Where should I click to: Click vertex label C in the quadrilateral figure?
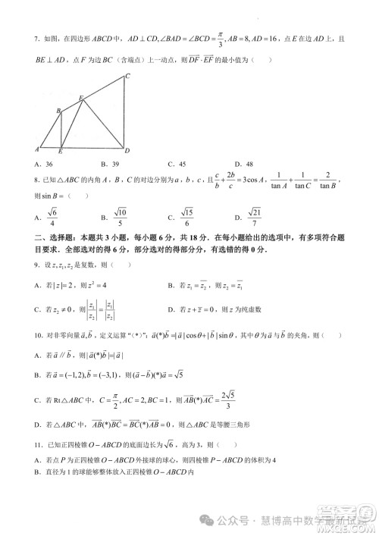(128, 76)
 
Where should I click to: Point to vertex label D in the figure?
(127, 151)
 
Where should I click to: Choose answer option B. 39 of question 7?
(109, 164)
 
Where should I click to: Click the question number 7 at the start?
(37, 37)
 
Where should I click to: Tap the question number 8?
(37, 180)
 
